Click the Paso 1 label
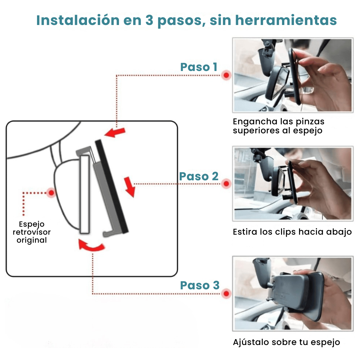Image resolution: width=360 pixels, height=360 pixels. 199,67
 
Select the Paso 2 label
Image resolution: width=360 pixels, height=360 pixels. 199,176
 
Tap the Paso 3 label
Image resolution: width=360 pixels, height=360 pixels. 200,285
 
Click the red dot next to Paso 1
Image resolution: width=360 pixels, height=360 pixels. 226,75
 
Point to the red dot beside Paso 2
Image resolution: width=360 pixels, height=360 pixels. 226,183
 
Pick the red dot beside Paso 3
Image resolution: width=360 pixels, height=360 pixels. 226,294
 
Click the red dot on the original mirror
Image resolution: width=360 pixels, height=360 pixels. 51,193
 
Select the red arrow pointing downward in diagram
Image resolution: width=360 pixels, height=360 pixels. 130,187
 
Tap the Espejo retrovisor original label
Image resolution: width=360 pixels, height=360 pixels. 32,232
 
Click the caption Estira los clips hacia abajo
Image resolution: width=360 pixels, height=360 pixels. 292,232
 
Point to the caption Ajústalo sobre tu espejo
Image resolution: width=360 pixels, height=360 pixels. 286,342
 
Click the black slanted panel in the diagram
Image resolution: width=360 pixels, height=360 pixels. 111,187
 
